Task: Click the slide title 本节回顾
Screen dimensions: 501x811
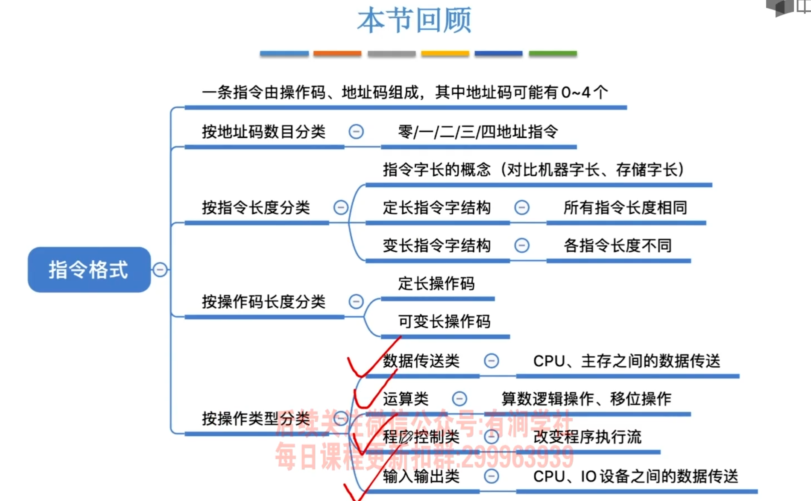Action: pyautogui.click(x=414, y=21)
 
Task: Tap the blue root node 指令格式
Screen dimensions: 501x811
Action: pyautogui.click(x=89, y=269)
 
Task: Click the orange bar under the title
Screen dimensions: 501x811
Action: pyautogui.click(x=337, y=54)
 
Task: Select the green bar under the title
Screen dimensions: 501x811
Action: pyautogui.click(x=553, y=54)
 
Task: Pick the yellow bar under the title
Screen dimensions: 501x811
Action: pyautogui.click(x=445, y=54)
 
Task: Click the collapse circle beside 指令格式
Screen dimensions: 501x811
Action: pyautogui.click(x=160, y=269)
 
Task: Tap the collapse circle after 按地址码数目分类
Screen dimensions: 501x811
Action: pyautogui.click(x=356, y=132)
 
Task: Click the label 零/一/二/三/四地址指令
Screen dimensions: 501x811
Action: pyautogui.click(x=478, y=132)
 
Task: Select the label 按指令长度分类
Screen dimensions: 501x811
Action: pyautogui.click(x=256, y=208)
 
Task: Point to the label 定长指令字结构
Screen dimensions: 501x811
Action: pyautogui.click(x=436, y=208)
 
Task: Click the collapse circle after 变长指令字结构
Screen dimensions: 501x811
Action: pyautogui.click(x=521, y=246)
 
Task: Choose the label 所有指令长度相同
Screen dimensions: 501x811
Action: pyautogui.click(x=625, y=208)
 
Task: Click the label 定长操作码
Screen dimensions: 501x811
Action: pyautogui.click(x=436, y=284)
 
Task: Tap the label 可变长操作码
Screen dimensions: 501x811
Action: pyautogui.click(x=444, y=321)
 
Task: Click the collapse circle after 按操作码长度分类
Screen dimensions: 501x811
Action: pyautogui.click(x=356, y=302)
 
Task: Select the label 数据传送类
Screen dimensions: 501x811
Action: pyautogui.click(x=421, y=361)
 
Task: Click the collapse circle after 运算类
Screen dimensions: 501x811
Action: pyautogui.click(x=460, y=399)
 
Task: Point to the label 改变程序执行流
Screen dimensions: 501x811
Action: pyautogui.click(x=587, y=437)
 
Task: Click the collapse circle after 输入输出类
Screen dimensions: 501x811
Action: pyautogui.click(x=492, y=477)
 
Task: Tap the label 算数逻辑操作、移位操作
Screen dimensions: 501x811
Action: pyautogui.click(x=586, y=399)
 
